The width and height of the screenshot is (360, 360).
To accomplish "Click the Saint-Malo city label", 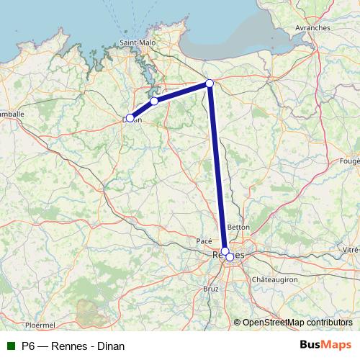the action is [x=137, y=42].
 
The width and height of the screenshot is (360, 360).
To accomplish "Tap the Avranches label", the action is [x=312, y=28].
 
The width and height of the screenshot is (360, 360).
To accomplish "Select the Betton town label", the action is [x=238, y=227].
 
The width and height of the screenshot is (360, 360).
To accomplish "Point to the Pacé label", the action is [x=204, y=240].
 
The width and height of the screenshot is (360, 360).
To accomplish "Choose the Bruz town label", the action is [x=211, y=288].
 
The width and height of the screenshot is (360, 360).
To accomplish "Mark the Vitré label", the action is [x=350, y=249].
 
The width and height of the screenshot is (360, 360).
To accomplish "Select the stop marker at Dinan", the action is [x=130, y=118].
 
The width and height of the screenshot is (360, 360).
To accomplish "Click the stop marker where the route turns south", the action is [x=210, y=84].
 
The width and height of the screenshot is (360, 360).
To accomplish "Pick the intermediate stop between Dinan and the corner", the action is [x=154, y=102].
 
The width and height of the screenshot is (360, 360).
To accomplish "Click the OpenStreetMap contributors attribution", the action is [x=297, y=323].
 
